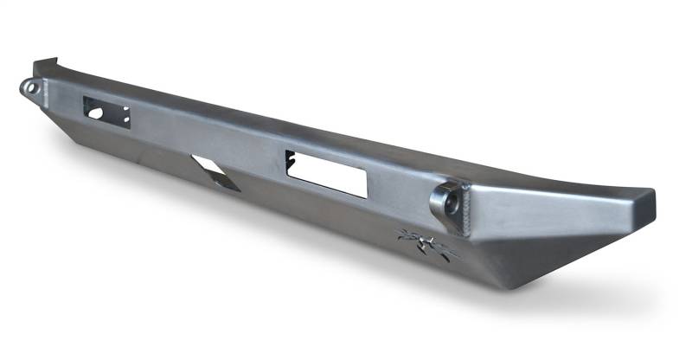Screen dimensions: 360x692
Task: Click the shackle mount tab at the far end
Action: click(x=31, y=88)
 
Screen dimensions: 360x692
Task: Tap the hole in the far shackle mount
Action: click(x=28, y=87)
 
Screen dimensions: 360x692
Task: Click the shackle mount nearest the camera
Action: click(x=446, y=201)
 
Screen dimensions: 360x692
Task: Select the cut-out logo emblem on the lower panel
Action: click(x=426, y=245)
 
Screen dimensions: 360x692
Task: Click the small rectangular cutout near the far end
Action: click(x=106, y=111)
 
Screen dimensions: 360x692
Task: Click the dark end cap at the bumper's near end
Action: click(x=642, y=205)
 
